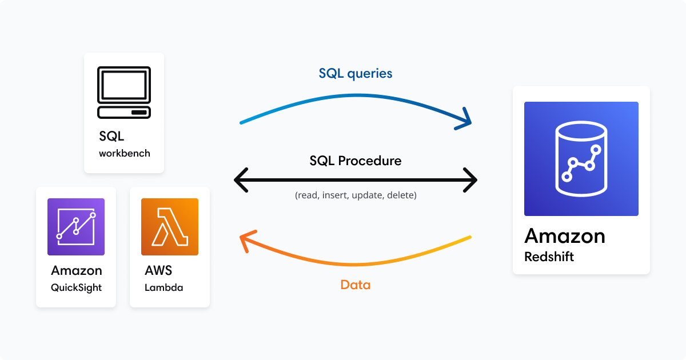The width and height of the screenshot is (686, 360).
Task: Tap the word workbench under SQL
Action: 124,153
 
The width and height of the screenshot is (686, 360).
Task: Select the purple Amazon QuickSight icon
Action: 76,227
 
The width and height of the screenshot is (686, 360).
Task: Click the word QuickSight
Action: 76,287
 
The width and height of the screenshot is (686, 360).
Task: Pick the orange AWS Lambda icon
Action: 170,227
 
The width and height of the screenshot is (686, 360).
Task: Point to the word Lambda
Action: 164,287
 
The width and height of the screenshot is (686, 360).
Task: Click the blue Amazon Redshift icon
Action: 581,159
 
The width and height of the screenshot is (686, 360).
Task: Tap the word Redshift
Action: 549,257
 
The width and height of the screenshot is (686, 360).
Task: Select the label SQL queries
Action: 356,73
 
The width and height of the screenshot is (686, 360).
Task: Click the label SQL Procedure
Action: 356,161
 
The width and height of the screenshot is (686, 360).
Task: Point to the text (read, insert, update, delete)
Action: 356,195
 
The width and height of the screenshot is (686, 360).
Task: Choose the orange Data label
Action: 356,285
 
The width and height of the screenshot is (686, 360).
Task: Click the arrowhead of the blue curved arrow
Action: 466,119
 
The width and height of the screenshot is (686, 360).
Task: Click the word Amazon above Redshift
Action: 564,236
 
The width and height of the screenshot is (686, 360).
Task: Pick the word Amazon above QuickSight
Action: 76,270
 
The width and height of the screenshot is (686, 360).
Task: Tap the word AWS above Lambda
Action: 158,270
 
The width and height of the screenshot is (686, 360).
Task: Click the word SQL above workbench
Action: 111,137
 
